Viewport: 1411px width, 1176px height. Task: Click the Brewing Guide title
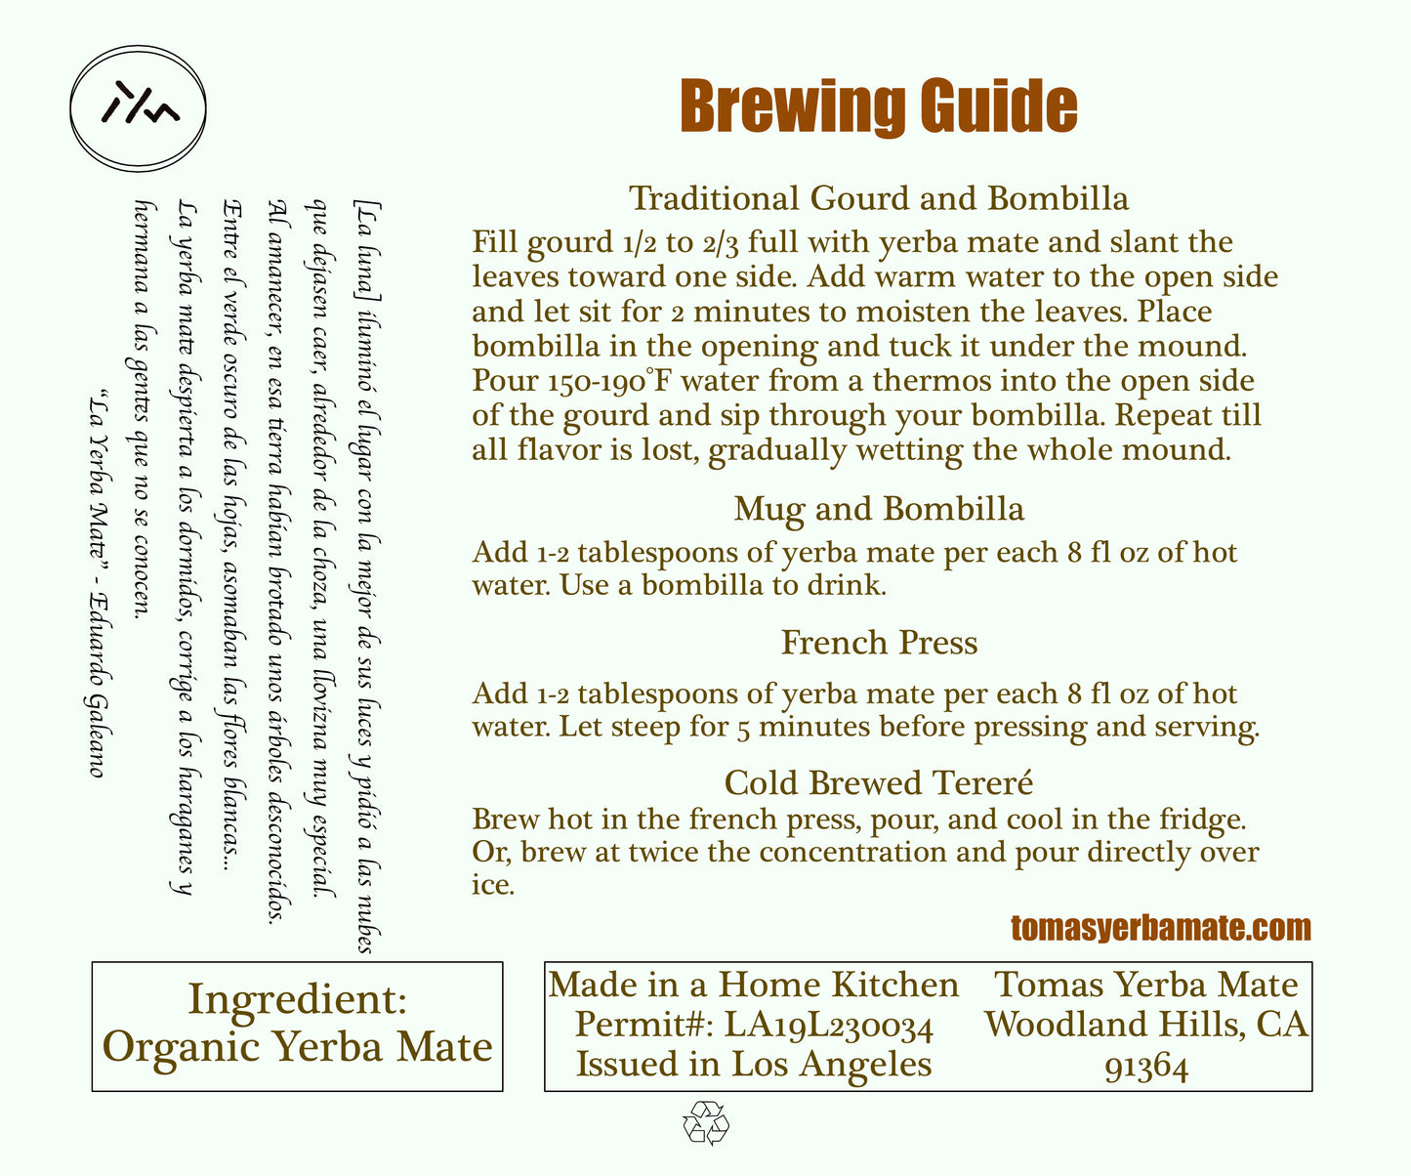tap(878, 106)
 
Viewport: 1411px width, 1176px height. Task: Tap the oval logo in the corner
tap(139, 107)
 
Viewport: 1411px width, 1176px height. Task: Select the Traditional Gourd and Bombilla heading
tap(878, 198)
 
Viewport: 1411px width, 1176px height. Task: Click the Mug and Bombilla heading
tap(878, 509)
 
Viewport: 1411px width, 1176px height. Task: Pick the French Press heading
tap(878, 643)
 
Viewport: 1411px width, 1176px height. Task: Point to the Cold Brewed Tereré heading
tap(878, 782)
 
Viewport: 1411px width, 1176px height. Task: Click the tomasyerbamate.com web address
tap(1160, 928)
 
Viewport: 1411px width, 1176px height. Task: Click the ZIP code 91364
tap(1146, 1068)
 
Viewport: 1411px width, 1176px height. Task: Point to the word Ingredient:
tap(297, 999)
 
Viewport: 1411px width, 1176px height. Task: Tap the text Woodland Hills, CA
tap(1146, 1025)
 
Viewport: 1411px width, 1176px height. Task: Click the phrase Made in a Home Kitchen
tap(754, 985)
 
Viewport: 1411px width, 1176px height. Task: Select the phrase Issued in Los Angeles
tap(754, 1064)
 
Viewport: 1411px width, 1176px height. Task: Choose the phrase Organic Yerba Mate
tap(297, 1047)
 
